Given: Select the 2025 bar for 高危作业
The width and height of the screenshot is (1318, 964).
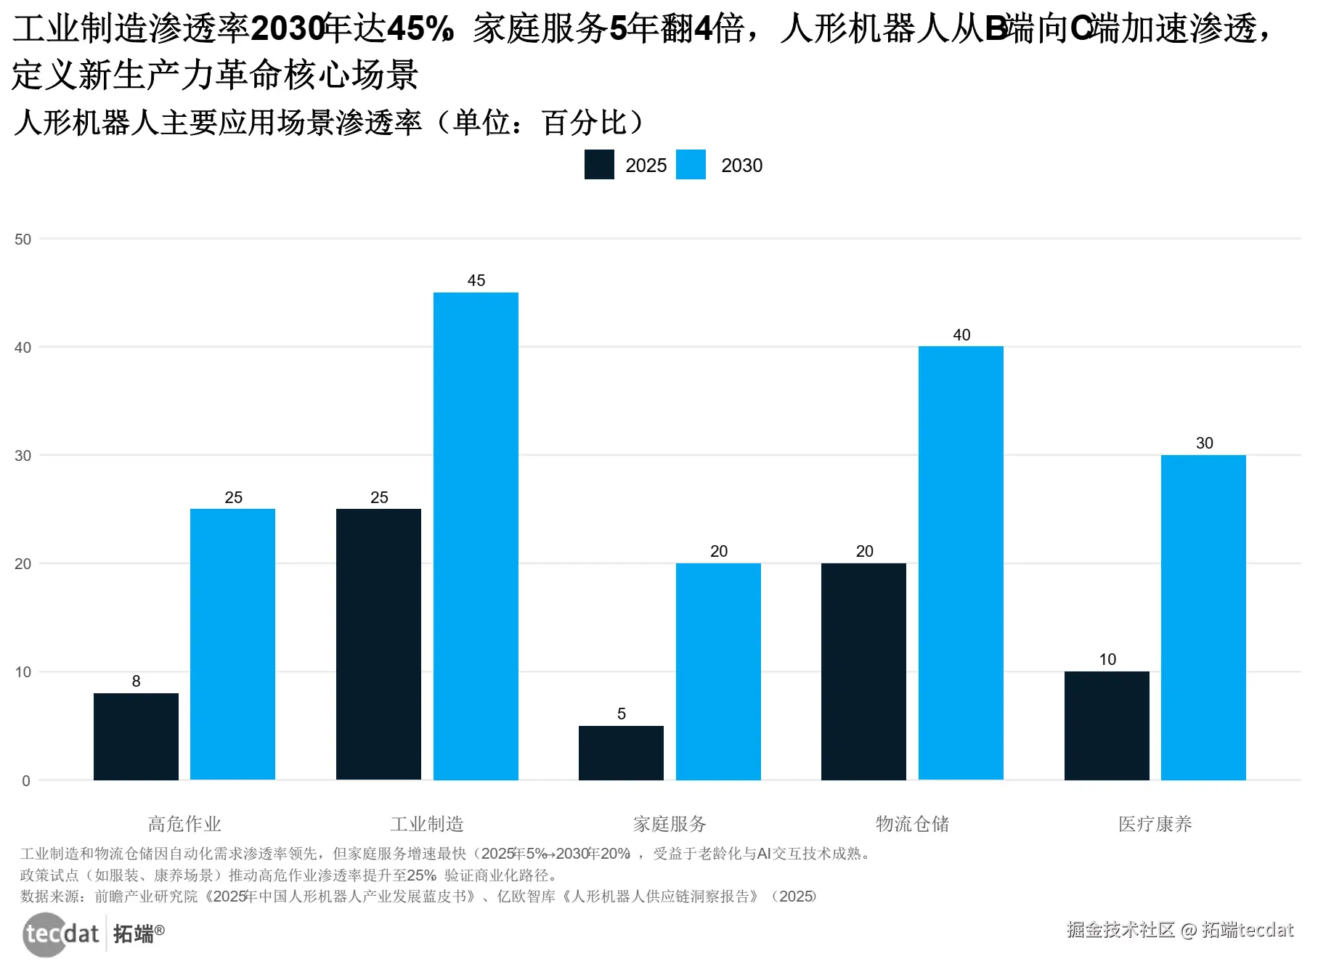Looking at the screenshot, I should pos(136,736).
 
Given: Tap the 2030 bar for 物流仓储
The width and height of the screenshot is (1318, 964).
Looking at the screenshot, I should pos(961,563).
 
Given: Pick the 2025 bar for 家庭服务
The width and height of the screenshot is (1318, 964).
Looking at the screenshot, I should pos(621,753).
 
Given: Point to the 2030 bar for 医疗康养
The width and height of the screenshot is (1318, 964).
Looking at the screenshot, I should pos(1203,617).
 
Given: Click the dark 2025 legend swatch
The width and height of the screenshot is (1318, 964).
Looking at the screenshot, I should pos(599,165).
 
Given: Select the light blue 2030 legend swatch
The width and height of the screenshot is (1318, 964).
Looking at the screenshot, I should pos(691,165).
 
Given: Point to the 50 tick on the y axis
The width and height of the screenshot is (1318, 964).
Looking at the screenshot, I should pos(23,240).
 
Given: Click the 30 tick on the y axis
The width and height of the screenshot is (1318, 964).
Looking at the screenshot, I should pos(23,456).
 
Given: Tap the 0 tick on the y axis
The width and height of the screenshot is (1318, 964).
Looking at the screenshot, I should pos(26,781).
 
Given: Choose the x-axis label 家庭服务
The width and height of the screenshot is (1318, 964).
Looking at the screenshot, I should pos(670,824).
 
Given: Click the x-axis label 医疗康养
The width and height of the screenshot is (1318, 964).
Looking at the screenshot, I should pos(1155,824).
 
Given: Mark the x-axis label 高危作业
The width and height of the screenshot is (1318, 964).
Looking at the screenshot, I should pos(184,824).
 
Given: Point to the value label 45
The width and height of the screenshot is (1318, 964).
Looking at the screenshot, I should pos(476,280).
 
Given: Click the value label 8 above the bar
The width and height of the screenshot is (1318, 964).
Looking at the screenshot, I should pos(136,681).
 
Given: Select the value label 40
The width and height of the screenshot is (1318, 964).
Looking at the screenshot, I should pos(961,335).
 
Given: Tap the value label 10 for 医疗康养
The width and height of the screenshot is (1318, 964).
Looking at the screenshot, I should pos(1107,659).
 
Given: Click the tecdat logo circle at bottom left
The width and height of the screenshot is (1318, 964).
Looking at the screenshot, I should pos(45,934).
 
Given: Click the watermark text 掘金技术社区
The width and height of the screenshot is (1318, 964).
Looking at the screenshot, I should pos(1120,930).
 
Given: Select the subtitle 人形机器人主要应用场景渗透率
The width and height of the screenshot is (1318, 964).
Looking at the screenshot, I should pos(218,123).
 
